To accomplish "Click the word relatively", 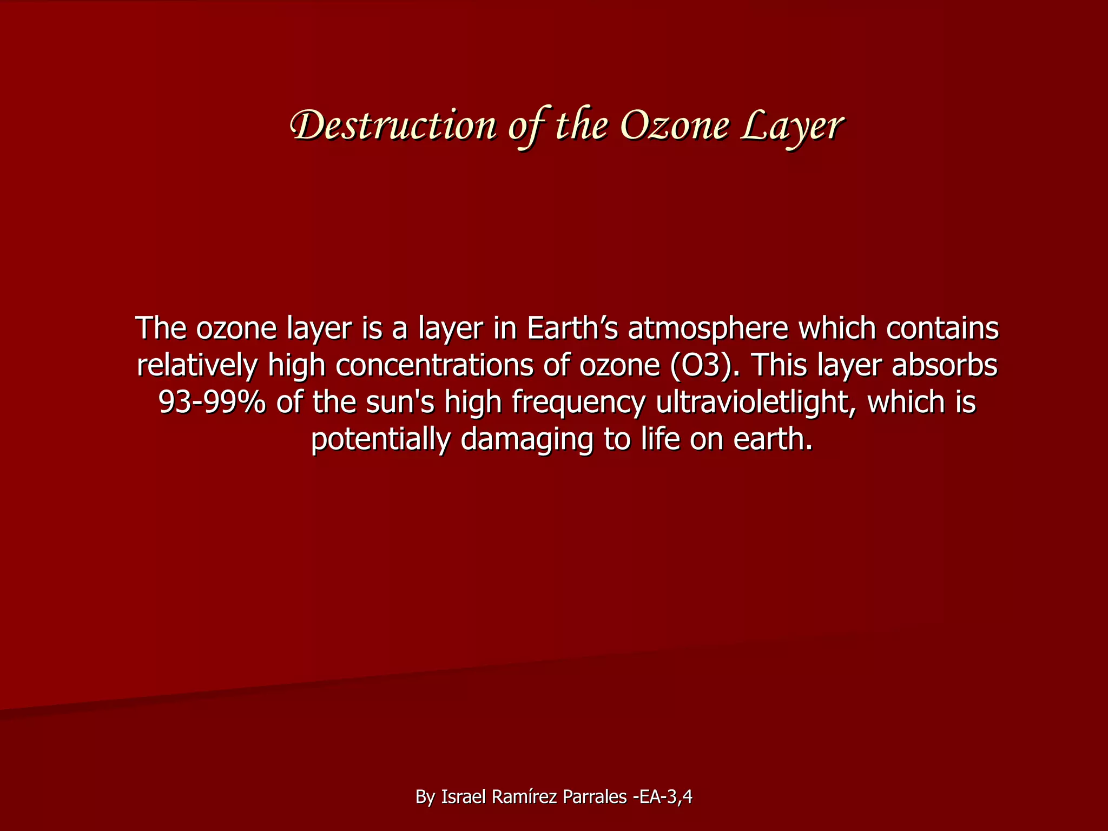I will [x=197, y=366].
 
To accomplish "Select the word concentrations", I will [x=434, y=366].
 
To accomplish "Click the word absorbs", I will [x=944, y=365].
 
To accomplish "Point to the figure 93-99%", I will [x=212, y=403].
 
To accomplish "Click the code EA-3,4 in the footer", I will [x=665, y=797].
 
